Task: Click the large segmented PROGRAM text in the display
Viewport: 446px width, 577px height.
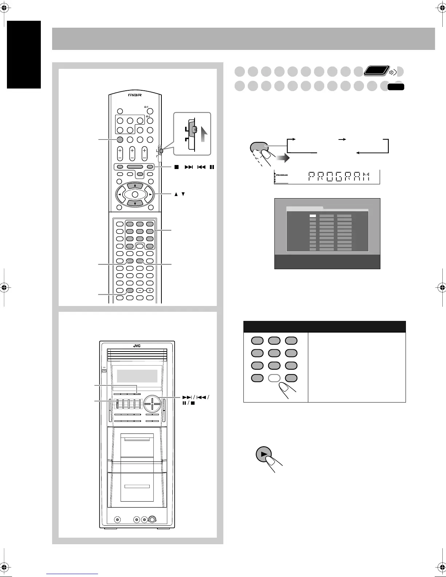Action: pos(338,177)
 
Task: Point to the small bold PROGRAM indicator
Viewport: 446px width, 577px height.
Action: pos(282,175)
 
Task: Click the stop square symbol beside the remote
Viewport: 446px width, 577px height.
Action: pos(176,168)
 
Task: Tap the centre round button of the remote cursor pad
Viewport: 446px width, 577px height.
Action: pos(135,195)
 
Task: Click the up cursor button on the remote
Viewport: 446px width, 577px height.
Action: pos(135,186)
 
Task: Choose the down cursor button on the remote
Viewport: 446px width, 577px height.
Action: pos(135,204)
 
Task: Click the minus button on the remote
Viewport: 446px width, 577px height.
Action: pos(140,291)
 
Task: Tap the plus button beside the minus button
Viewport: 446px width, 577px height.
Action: pos(149,291)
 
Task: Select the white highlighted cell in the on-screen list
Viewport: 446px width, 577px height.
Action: pos(313,216)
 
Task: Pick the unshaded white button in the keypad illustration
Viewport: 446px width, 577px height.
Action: pos(274,378)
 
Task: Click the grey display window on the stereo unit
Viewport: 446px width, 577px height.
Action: pos(137,376)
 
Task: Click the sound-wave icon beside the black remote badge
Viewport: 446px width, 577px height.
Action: pos(393,72)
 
